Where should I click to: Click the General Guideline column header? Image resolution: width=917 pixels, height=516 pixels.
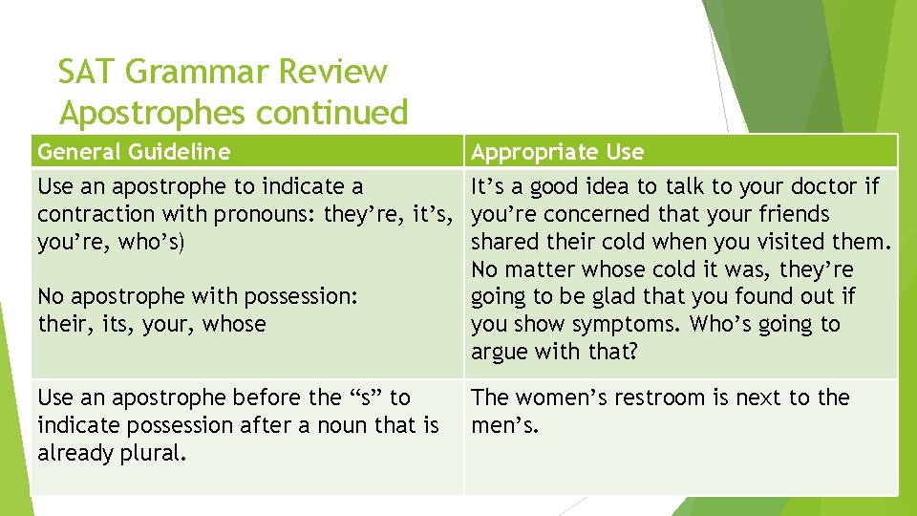[x=133, y=152]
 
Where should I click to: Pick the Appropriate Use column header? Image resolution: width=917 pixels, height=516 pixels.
[x=557, y=152]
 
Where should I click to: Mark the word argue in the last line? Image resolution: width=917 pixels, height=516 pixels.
[x=500, y=353]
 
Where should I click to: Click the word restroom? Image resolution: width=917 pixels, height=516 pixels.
[x=671, y=398]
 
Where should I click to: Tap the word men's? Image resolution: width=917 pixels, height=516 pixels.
[x=504, y=425]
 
